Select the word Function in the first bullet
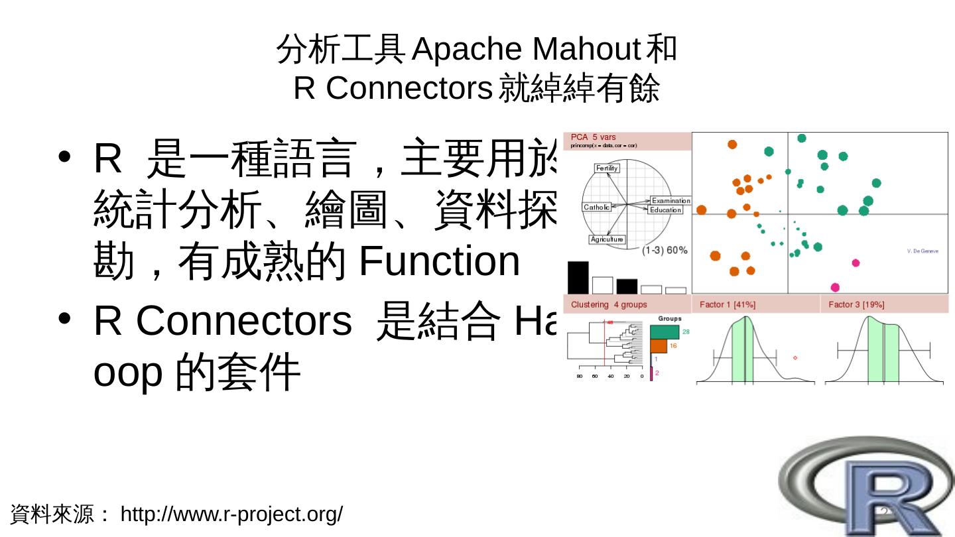click(x=439, y=261)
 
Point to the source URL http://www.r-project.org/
click(x=231, y=514)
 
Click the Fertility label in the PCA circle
click(x=607, y=168)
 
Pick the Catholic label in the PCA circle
click(x=596, y=208)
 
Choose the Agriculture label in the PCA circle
click(x=607, y=239)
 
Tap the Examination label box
click(x=670, y=200)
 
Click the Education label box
click(x=665, y=210)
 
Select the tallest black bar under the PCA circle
click(x=578, y=278)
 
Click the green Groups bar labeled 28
click(x=665, y=331)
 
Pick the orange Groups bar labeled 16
click(x=659, y=346)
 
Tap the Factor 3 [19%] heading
click(x=856, y=304)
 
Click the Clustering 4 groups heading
click(x=609, y=304)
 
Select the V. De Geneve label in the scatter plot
click(x=923, y=251)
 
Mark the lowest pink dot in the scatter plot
click(x=835, y=287)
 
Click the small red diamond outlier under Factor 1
click(x=795, y=358)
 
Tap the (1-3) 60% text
click(x=665, y=251)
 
